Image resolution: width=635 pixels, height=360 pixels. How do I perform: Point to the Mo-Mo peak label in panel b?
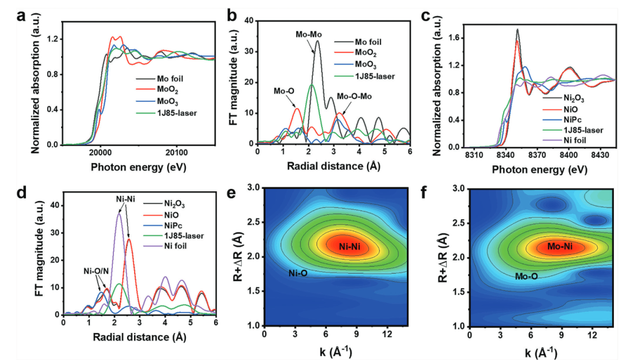[309, 35]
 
